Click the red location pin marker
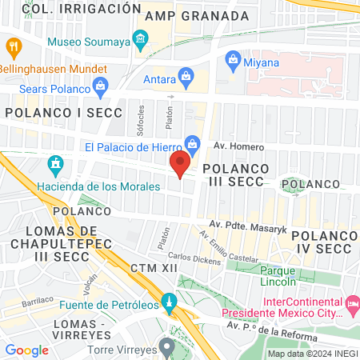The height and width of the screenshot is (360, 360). coord(180,163)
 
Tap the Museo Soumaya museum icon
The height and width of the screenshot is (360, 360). coord(141,39)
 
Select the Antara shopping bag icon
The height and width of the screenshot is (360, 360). coord(186,77)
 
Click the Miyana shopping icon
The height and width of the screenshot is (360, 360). coord(233,58)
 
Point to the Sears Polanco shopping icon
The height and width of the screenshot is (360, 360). coord(100,86)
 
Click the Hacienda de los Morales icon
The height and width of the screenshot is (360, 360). coord(56,166)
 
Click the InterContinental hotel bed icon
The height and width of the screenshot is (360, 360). coord(352,304)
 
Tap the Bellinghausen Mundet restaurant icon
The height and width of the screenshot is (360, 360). coord(13,47)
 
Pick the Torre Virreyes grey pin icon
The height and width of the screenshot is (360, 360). coord(166,347)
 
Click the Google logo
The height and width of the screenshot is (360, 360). coord(27,350)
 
